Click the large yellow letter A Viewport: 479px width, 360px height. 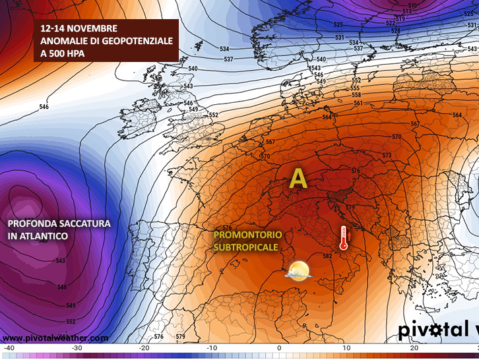click(299, 178)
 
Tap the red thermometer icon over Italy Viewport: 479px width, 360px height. click(343, 238)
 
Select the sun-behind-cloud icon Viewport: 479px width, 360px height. click(298, 270)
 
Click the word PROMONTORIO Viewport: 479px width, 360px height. click(248, 235)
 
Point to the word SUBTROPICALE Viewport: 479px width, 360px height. click(245, 247)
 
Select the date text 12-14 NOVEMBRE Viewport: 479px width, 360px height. click(79, 29)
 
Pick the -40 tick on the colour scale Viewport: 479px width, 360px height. click(9, 347)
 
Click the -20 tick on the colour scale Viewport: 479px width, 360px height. click(144, 347)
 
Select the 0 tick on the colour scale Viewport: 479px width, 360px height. click(279, 347)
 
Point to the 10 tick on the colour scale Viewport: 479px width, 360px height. click(346, 347)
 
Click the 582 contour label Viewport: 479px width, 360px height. click(327, 256)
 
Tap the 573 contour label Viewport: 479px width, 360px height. click(387, 156)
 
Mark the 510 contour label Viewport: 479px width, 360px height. click(412, 6)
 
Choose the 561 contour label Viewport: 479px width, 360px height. click(358, 103)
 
